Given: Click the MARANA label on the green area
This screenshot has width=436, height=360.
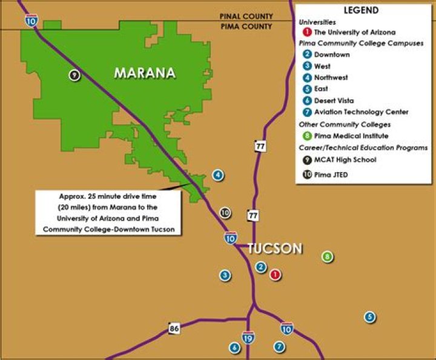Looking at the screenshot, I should pos(145,73).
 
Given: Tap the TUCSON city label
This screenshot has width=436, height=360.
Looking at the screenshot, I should pos(275,248).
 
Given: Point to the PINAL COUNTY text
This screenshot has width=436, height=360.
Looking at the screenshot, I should pos(246,16).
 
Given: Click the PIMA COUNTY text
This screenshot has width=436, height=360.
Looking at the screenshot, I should pos(246,27).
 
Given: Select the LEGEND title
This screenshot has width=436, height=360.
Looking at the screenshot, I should pos(361,10).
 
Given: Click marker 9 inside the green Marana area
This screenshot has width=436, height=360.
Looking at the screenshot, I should pos(74,75).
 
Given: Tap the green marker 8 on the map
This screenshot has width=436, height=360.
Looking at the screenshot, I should pos(328,256).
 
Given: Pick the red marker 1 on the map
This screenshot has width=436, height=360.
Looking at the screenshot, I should pos(276,275).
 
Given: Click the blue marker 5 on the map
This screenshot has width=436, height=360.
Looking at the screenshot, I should pos(369,316).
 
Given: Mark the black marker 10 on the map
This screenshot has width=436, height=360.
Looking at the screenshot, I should pos(225,213).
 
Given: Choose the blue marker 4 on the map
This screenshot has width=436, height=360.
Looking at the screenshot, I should pos(218,176).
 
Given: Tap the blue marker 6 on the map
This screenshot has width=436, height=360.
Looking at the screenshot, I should pos(234,347).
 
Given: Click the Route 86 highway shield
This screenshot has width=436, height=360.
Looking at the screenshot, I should pos(174,328).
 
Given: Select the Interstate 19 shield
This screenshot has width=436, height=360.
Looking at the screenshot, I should pos(248,338).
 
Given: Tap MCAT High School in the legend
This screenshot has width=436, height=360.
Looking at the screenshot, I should pos(345,160).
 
